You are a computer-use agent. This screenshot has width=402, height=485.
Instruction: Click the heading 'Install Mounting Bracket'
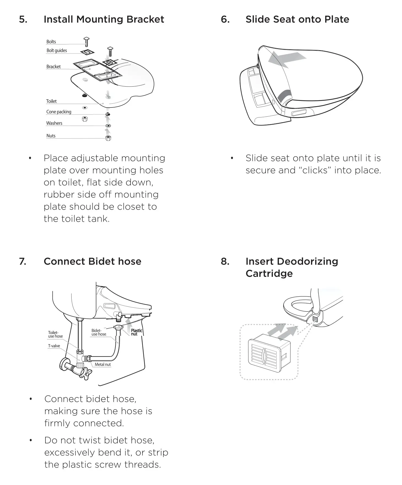[104, 19]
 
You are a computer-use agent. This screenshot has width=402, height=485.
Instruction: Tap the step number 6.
[225, 19]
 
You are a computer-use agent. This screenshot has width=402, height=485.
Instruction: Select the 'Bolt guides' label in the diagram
[57, 50]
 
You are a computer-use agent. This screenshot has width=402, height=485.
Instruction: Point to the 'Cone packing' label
[59, 112]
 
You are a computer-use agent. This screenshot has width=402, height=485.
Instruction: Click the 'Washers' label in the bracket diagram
[54, 123]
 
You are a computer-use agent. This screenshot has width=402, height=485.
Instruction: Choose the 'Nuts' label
[51, 136]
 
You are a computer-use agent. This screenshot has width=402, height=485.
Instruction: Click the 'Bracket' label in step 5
[53, 67]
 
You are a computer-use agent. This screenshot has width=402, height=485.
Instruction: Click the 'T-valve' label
[54, 346]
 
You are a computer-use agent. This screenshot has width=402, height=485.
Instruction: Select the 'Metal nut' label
[102, 364]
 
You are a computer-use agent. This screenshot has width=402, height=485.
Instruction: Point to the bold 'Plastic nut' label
[136, 332]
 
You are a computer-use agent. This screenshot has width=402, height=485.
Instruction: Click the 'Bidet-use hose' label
[98, 332]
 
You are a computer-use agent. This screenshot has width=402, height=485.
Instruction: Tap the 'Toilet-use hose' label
[55, 334]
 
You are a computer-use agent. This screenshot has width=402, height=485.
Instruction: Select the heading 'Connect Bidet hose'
[92, 261]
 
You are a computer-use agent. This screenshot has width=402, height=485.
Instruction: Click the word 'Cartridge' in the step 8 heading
[269, 274]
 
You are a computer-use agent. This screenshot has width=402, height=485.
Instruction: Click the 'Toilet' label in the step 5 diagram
[51, 101]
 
